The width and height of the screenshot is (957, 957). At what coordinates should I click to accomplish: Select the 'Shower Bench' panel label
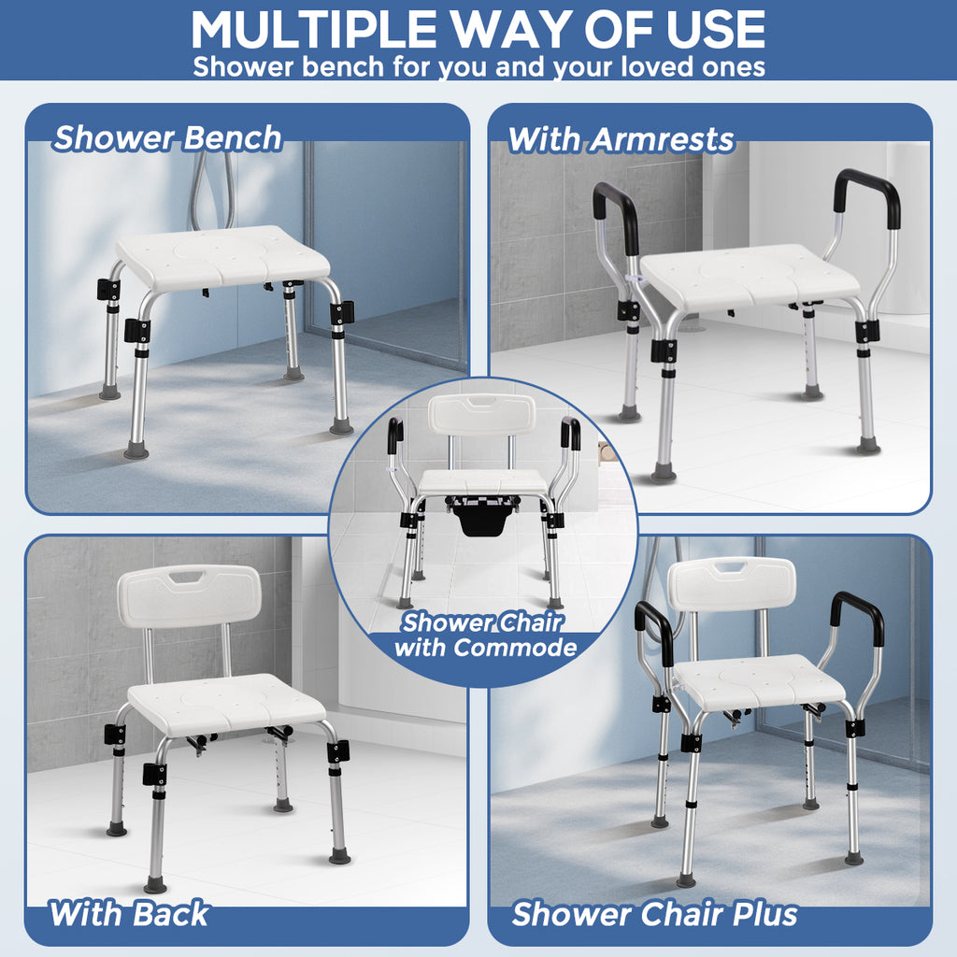pos(167,138)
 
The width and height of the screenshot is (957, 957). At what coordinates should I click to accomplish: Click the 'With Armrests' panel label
pos(621,140)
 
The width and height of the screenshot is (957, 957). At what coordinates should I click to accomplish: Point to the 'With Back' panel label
pos(129,914)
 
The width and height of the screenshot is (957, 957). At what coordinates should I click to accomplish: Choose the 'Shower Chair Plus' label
pos(655,914)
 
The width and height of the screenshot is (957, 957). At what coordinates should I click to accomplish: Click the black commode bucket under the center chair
pos(483,518)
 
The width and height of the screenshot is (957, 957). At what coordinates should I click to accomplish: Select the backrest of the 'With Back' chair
pos(189,595)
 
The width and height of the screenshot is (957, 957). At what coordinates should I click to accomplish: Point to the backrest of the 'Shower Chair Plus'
pos(733,585)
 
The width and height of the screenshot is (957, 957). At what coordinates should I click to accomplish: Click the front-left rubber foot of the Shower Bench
pos(136,451)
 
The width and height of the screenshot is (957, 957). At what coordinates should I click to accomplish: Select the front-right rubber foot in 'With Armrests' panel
pos(868,446)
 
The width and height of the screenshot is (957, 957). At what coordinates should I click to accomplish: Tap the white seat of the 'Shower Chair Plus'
pos(759,680)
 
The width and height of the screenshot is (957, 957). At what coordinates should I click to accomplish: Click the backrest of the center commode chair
pos(482,413)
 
